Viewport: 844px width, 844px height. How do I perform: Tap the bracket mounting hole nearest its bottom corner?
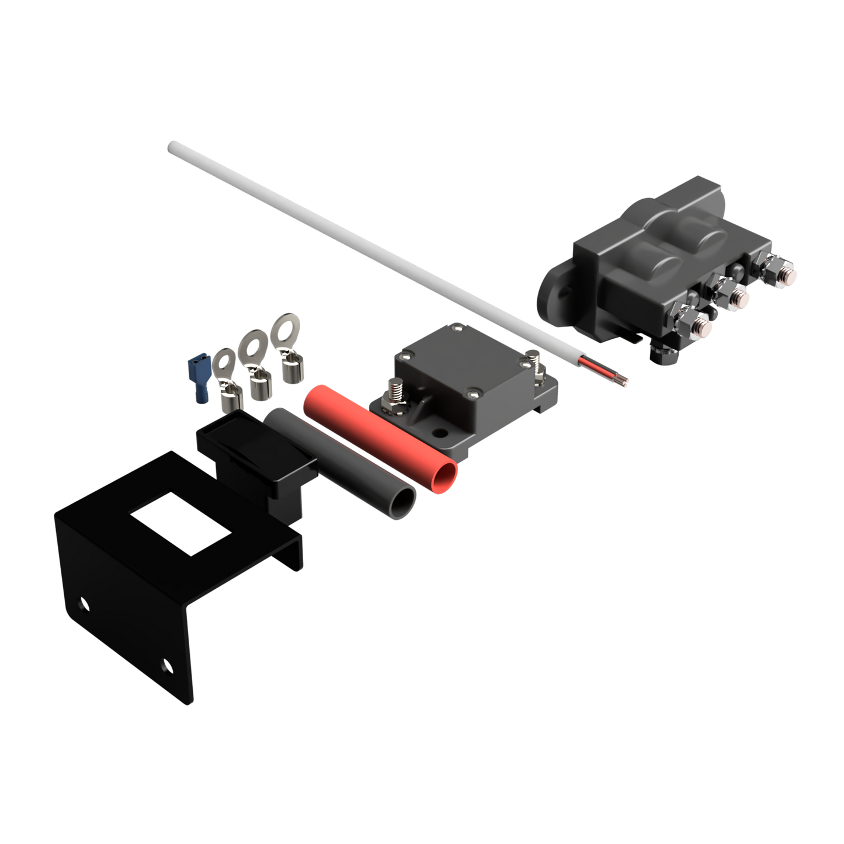(167, 664)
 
